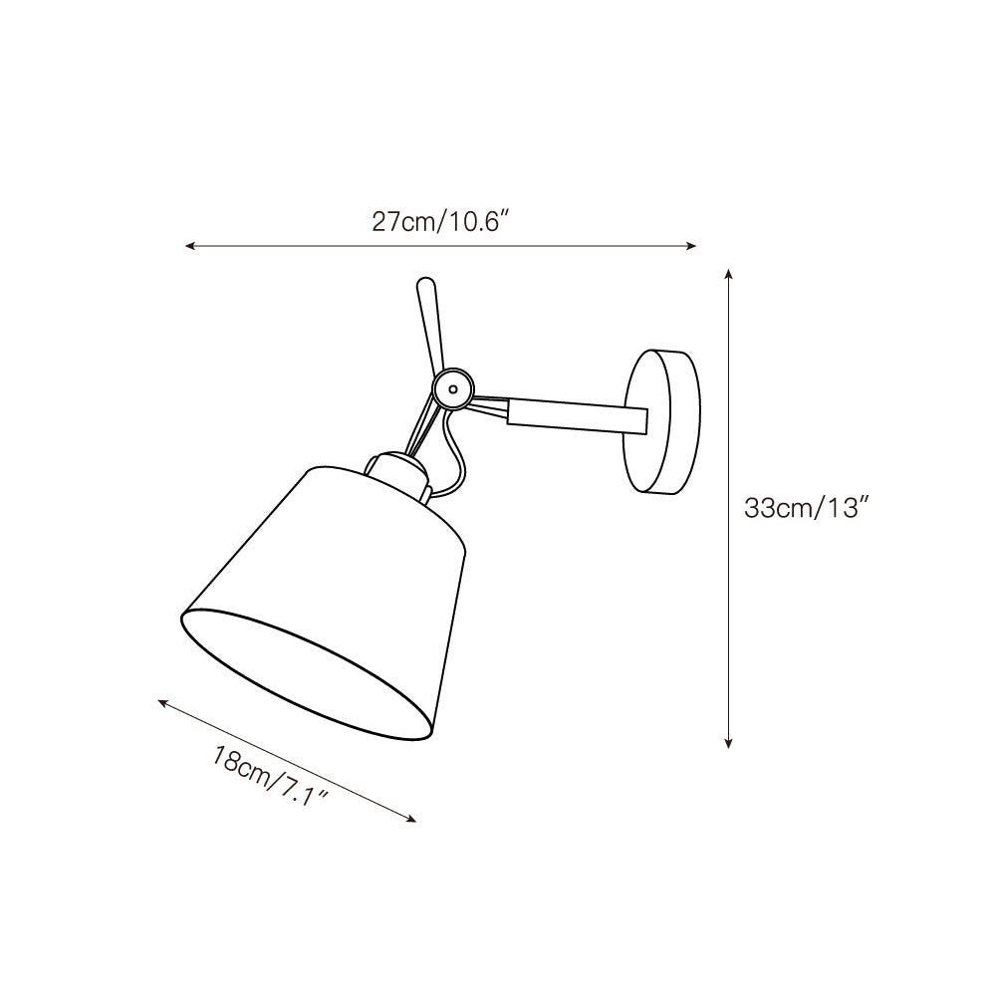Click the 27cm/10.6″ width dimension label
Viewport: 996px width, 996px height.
tap(440, 222)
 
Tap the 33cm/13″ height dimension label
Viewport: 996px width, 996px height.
tap(808, 508)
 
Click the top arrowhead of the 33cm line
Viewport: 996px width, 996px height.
tap(730, 273)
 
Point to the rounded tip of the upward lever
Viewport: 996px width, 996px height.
tap(424, 289)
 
